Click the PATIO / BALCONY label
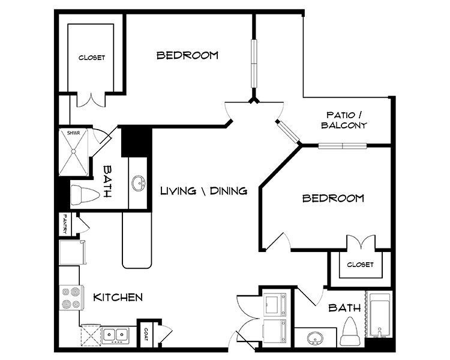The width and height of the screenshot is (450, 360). coord(344,120)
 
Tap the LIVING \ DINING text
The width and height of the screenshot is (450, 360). coord(204,191)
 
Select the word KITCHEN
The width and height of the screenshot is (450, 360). coord(118,297)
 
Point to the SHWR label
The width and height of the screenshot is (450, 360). coord(73,133)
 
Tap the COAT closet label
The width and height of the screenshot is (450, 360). coord(146,333)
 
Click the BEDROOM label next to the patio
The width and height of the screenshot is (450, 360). coord(333,198)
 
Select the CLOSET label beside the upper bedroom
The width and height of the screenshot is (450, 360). coord(92,58)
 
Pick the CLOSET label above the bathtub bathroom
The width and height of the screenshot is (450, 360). coord(360,265)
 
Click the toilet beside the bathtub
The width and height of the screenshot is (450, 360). coord(350,332)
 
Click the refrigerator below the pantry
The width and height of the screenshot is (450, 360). coord(72,251)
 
